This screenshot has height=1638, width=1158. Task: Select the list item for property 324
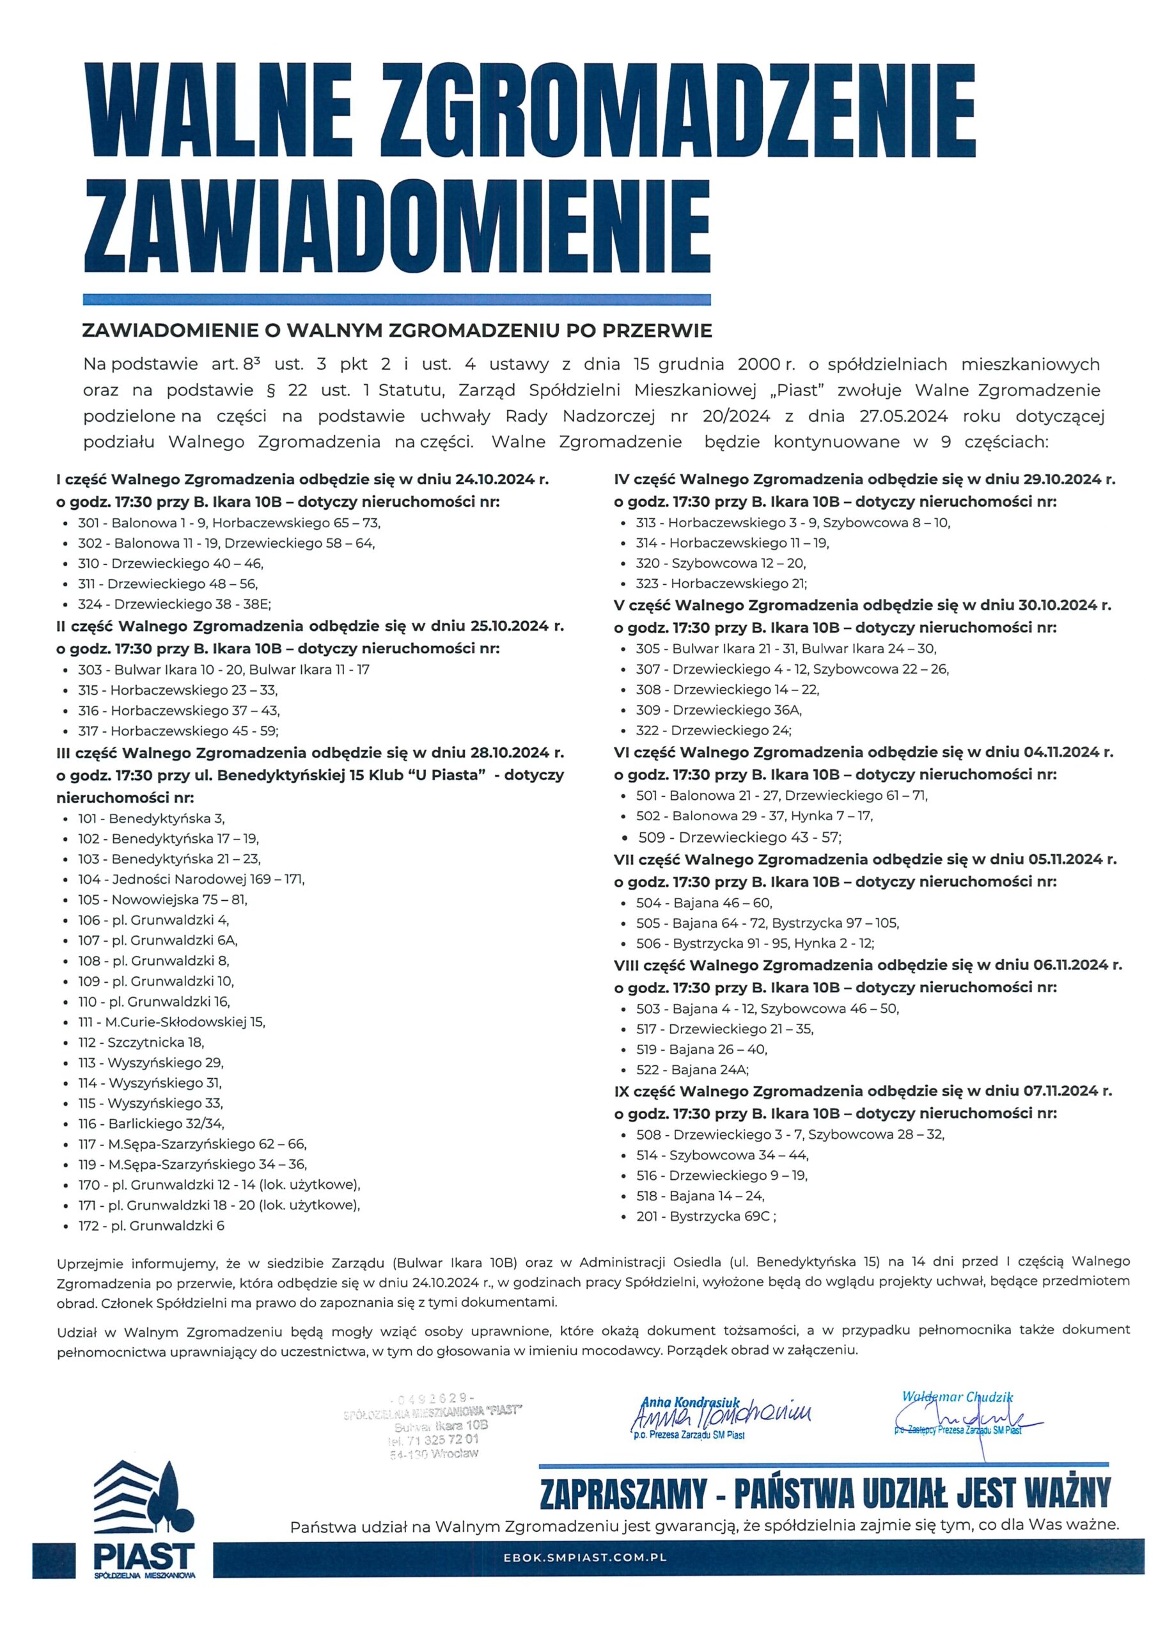175,604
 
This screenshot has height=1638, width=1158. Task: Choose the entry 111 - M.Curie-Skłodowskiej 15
171,1022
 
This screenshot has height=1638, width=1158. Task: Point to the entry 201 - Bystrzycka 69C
706,1216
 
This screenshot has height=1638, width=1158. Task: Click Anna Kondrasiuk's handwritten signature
721,1413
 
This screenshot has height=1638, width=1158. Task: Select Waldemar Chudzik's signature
967,1415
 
